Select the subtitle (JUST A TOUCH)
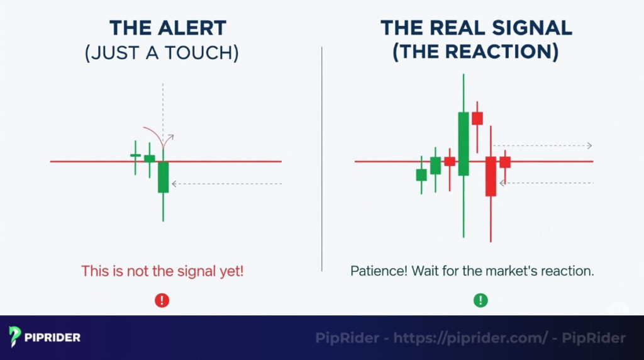pos(162,53)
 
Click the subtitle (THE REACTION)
pos(475,53)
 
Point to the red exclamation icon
pos(162,300)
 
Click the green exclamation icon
pos(480,300)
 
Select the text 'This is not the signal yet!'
pos(162,271)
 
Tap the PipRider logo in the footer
pos(45,337)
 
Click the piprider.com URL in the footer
pos(470,338)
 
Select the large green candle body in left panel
pos(164,177)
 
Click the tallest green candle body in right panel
pos(464,143)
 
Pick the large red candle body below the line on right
pos(491,176)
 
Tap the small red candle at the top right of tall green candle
pos(477,118)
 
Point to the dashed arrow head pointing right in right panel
pos(589,145)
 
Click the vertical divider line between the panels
pos(322,157)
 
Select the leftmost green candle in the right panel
pos(421,174)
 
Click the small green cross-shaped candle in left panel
pos(135,155)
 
